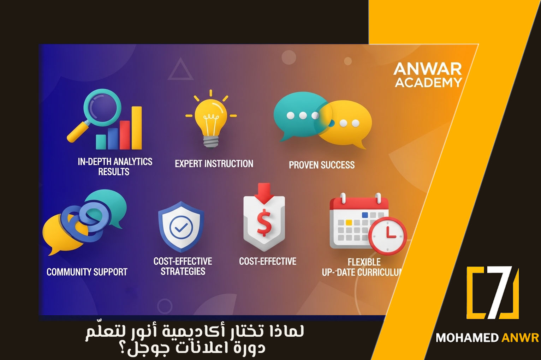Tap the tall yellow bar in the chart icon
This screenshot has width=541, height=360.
(136, 128)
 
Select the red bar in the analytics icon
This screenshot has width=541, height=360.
(125, 135)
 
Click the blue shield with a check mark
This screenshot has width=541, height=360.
(181, 227)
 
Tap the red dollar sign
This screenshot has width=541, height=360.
(264, 223)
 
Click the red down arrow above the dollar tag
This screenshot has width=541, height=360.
(264, 193)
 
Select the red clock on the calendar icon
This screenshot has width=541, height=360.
(388, 236)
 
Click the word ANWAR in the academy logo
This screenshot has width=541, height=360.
(428, 69)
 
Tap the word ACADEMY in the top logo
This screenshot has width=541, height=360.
(428, 83)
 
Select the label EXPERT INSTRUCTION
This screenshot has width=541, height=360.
(214, 164)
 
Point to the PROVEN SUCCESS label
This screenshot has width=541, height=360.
(322, 165)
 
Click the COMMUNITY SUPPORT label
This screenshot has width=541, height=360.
(87, 272)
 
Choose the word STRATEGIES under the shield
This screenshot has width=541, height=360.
(183, 271)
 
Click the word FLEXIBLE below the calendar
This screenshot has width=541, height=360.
(364, 262)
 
